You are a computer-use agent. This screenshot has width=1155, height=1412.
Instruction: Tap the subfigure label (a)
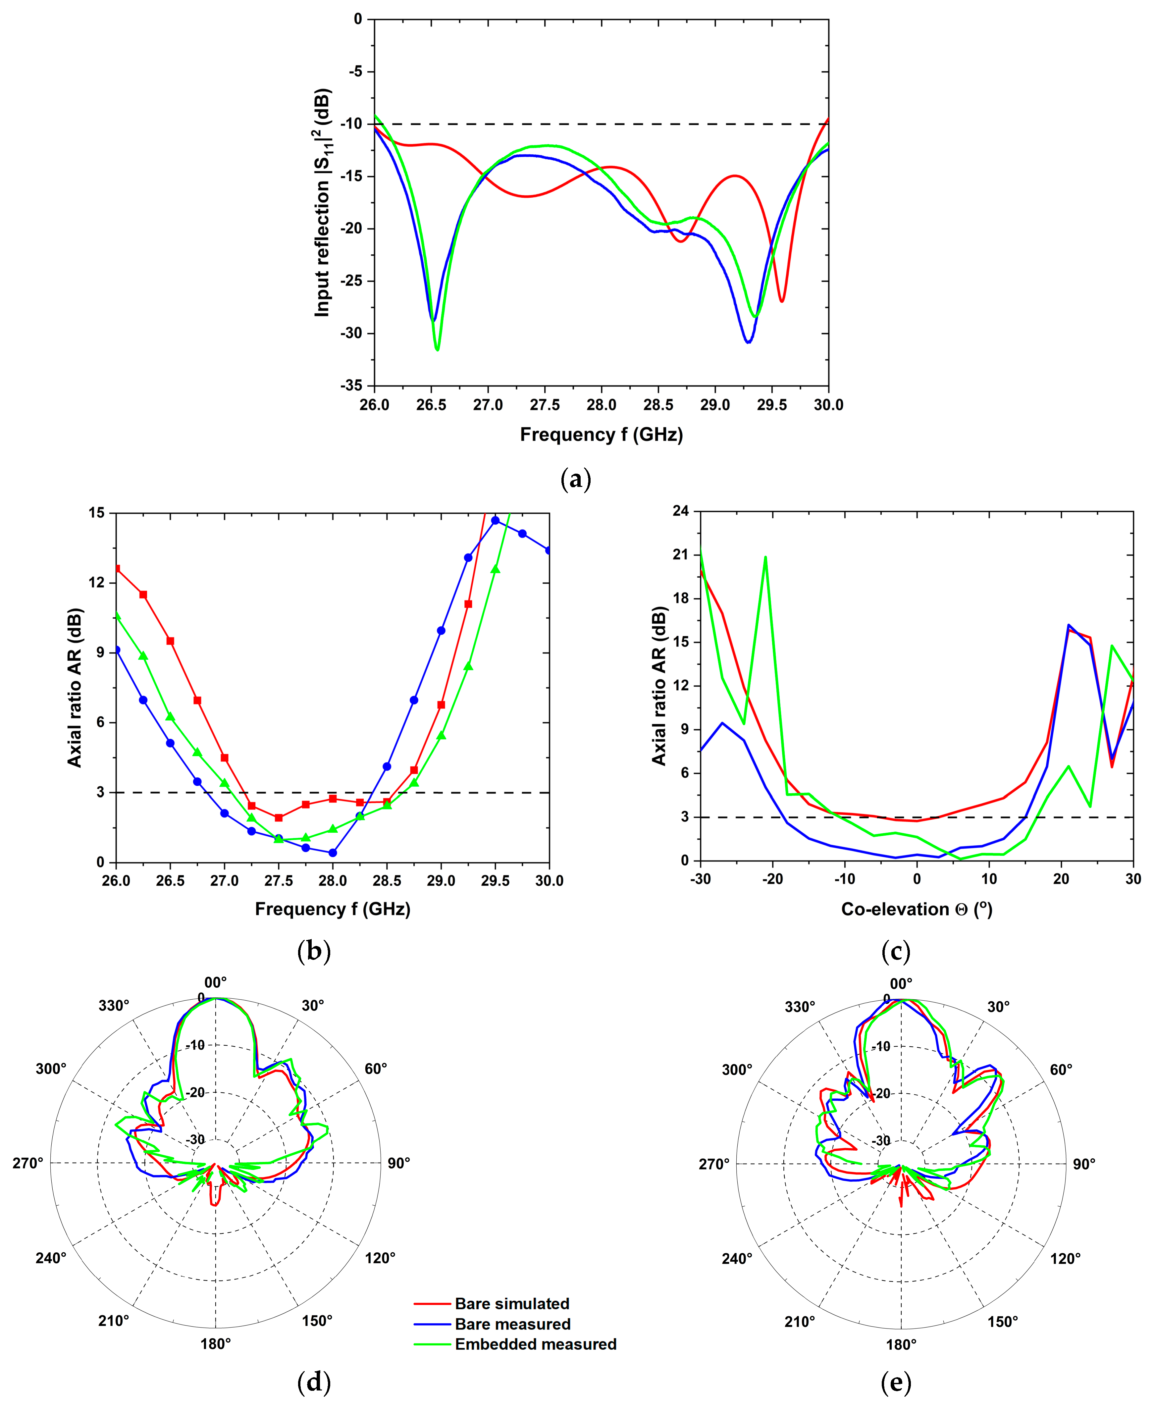pyautogui.click(x=576, y=479)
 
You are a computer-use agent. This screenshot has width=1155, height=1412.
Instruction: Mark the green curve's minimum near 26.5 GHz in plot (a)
pyautogui.click(x=437, y=349)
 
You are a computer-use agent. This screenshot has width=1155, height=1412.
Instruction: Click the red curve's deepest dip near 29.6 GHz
pyautogui.click(x=782, y=301)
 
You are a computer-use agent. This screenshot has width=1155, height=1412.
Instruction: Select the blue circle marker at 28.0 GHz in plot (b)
pyautogui.click(x=333, y=852)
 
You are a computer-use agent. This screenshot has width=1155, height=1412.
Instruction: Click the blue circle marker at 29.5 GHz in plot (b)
pyautogui.click(x=495, y=520)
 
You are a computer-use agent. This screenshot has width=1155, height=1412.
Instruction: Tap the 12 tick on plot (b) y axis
pyautogui.click(x=97, y=583)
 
